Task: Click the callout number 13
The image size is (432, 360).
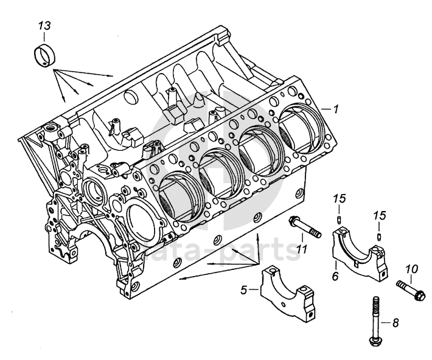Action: click(x=44, y=26)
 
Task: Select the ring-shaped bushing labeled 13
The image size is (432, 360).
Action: click(x=45, y=55)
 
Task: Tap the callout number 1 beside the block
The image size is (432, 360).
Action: click(x=335, y=109)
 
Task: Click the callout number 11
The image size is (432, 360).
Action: click(x=302, y=249)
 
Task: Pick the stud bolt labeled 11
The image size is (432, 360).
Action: click(x=305, y=227)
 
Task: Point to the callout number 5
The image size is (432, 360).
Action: click(x=244, y=289)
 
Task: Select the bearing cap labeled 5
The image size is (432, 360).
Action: click(x=288, y=292)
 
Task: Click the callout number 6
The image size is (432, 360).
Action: click(x=335, y=275)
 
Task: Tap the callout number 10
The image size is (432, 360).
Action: click(x=412, y=269)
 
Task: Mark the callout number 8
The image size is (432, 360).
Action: click(x=395, y=322)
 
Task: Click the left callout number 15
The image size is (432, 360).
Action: click(x=340, y=199)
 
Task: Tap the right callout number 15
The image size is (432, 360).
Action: click(x=380, y=215)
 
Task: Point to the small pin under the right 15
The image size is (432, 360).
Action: click(x=380, y=237)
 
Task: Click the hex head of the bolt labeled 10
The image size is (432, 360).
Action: click(x=419, y=296)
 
